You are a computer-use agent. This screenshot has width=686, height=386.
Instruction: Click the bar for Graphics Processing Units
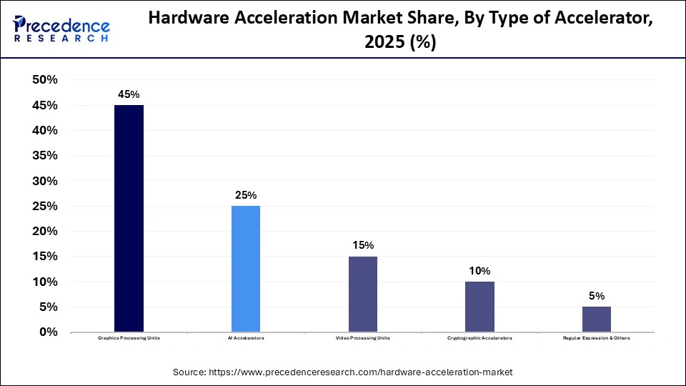tap(129, 218)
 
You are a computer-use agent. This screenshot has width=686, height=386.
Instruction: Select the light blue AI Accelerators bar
tap(246, 269)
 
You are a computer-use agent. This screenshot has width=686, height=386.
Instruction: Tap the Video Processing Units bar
tap(362, 294)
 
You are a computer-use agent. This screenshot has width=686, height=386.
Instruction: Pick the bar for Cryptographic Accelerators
tap(479, 307)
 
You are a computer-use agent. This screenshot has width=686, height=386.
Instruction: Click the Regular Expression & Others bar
tap(596, 319)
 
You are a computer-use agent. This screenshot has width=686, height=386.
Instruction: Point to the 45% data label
tap(129, 94)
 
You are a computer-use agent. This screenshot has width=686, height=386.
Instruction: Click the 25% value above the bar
tap(246, 195)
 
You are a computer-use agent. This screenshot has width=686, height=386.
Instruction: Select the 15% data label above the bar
tap(362, 245)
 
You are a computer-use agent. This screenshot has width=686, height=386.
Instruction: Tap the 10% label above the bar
tap(479, 271)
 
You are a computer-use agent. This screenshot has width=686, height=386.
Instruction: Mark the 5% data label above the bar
tap(596, 296)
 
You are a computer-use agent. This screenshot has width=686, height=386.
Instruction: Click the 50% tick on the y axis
tap(44, 80)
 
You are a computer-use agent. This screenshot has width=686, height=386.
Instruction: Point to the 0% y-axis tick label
tap(49, 332)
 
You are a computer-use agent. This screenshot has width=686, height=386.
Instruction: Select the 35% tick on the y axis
tap(44, 156)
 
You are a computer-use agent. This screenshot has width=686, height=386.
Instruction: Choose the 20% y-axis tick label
tap(44, 232)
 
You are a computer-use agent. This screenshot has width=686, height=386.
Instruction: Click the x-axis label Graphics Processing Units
tap(129, 338)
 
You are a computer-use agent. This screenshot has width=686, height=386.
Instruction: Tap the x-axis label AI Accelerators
tap(246, 338)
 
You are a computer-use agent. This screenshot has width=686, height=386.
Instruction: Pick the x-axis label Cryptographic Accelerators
tap(479, 338)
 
